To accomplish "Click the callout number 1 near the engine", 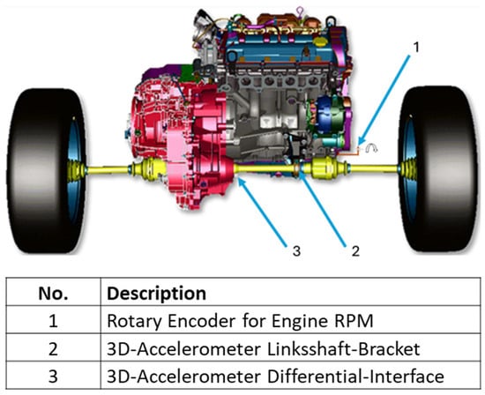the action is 416,48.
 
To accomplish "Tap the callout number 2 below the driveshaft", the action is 355,251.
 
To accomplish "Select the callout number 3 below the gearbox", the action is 296,251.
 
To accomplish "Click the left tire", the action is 47,171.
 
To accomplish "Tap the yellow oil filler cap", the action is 320,41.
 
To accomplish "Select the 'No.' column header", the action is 53,294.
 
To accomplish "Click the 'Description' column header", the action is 156,294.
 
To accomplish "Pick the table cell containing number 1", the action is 53,320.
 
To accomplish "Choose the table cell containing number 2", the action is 53,348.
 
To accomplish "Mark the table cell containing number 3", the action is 53,376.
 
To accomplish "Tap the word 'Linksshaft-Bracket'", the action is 343,348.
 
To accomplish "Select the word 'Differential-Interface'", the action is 355,376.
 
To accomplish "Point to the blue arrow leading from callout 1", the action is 384,100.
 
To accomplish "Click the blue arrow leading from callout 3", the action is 263,212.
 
